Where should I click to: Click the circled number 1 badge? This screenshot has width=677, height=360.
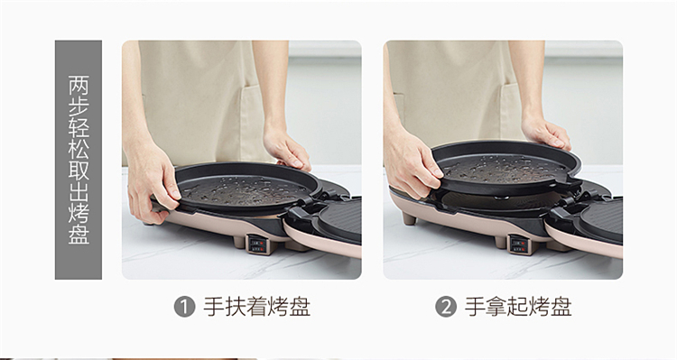(184, 307)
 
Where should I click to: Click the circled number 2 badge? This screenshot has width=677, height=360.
(446, 307)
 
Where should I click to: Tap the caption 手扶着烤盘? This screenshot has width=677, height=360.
(257, 307)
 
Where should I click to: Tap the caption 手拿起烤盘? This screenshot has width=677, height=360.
(518, 307)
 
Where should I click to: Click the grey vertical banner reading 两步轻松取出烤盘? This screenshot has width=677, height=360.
(79, 160)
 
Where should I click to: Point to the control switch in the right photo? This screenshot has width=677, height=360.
(519, 245)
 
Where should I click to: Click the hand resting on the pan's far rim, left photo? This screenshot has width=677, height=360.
(287, 149)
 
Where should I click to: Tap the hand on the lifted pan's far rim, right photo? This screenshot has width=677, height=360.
(546, 133)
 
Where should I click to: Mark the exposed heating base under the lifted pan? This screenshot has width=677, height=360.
(496, 201)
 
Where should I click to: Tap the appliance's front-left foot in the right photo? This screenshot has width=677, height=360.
(409, 218)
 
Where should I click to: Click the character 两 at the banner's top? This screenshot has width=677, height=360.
(79, 85)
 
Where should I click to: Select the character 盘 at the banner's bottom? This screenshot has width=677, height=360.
(79, 234)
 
